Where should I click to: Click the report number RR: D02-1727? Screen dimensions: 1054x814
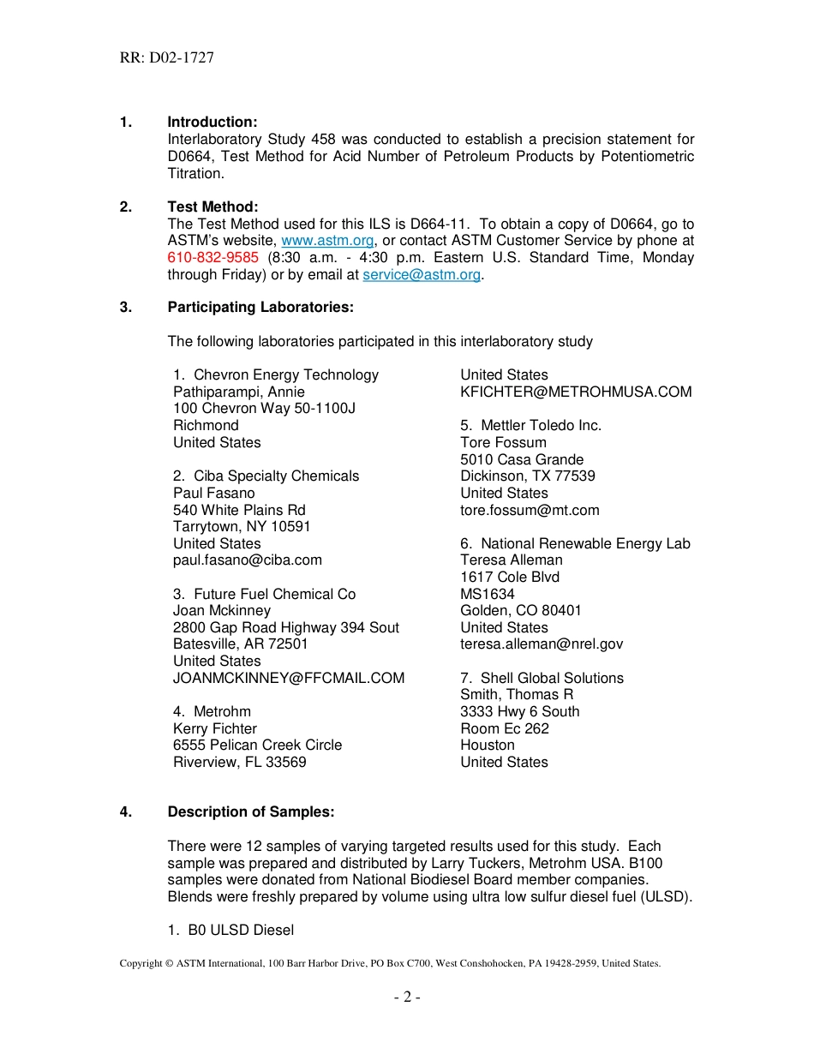166,58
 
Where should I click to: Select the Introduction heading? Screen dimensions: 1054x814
212,123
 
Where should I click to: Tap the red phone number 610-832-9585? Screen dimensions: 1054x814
212,258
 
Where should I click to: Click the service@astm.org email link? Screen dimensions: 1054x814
422,275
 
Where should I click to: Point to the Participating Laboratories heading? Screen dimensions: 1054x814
260,308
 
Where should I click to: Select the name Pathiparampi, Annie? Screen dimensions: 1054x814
238,392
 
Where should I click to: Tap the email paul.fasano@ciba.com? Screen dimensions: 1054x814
248,560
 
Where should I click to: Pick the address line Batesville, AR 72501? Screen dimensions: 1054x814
240,644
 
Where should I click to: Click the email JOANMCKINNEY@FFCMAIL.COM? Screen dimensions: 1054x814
289,678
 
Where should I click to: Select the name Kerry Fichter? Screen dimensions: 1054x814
215,728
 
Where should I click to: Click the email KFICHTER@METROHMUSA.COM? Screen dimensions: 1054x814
576,392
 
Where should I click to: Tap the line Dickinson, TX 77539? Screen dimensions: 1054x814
528,476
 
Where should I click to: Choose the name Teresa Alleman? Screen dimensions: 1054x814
512,560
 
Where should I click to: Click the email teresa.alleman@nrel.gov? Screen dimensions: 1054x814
542,644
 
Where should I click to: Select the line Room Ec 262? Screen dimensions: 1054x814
505,728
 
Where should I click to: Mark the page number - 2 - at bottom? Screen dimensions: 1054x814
407,997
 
